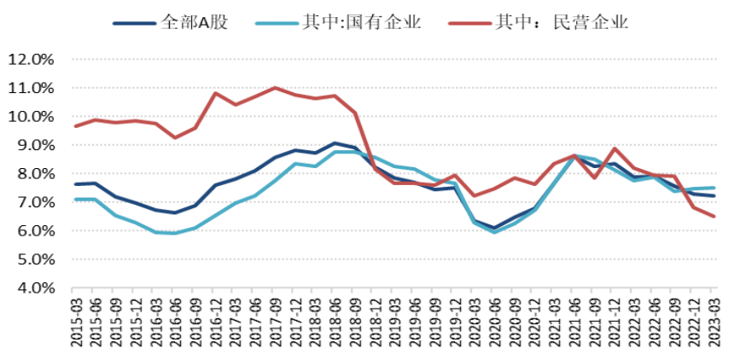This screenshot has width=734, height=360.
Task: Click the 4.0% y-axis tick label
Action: click(33, 288)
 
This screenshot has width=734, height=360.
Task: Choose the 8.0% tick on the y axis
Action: click(33, 174)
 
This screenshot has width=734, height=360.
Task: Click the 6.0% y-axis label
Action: click(33, 231)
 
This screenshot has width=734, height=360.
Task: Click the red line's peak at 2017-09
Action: click(275, 87)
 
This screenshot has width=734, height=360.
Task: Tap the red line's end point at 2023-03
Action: click(714, 216)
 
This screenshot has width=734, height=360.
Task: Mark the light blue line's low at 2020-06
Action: click(494, 232)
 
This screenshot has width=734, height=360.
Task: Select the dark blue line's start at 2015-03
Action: click(76, 184)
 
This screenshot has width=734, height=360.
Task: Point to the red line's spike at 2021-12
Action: click(615, 148)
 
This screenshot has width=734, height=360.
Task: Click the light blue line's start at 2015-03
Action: click(76, 200)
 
